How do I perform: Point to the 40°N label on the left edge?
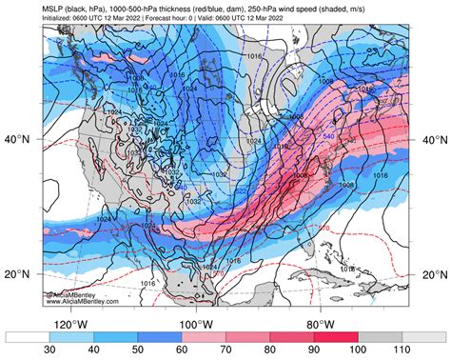pyautogui.click(x=22, y=139)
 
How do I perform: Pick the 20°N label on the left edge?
pyautogui.click(x=22, y=274)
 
